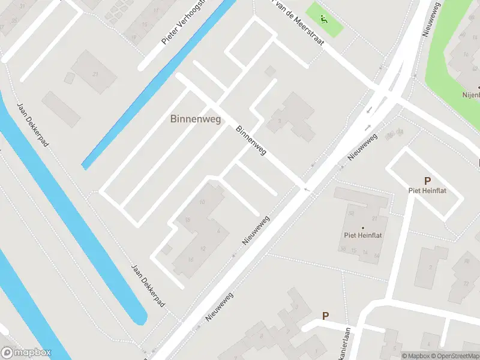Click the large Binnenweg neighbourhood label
(x=196, y=119)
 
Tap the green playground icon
(x=324, y=19)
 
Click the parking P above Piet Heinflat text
(x=427, y=181)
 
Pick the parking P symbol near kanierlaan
(x=326, y=316)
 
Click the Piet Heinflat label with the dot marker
(x=362, y=235)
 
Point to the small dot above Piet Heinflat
(x=362, y=227)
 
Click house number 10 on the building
(x=202, y=202)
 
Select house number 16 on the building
(x=190, y=259)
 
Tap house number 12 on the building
(x=203, y=249)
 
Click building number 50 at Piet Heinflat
(x=351, y=214)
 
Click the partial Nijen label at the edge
(x=472, y=94)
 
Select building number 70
(x=466, y=262)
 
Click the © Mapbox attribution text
(x=415, y=356)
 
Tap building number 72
(x=466, y=283)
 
